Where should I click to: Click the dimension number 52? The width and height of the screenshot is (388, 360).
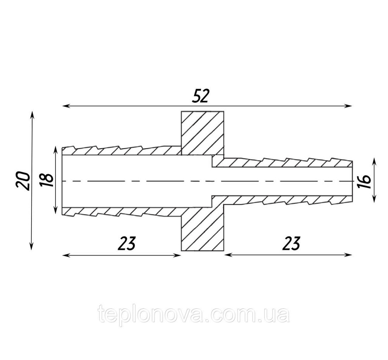tap(201, 96)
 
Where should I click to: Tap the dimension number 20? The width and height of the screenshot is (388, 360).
tap(23, 180)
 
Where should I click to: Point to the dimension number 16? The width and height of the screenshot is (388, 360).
tap(364, 182)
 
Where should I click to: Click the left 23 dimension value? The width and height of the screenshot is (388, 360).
tap(126, 243)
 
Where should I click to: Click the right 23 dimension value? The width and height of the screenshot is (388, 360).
tap(291, 243)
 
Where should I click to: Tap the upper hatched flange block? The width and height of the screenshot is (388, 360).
tap(203, 133)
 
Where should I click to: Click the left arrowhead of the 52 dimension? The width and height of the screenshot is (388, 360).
tap(66, 106)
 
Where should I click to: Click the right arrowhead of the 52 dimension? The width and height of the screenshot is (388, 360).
tap(348, 106)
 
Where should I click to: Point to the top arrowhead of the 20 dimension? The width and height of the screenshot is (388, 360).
tap(31, 115)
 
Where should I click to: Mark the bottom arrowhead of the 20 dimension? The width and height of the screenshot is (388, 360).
tap(31, 247)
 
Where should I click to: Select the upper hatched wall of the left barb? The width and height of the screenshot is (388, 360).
tap(121, 151)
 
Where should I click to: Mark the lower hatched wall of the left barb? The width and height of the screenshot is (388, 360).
tap(121, 211)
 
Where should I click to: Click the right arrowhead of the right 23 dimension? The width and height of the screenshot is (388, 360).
tap(348, 255)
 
